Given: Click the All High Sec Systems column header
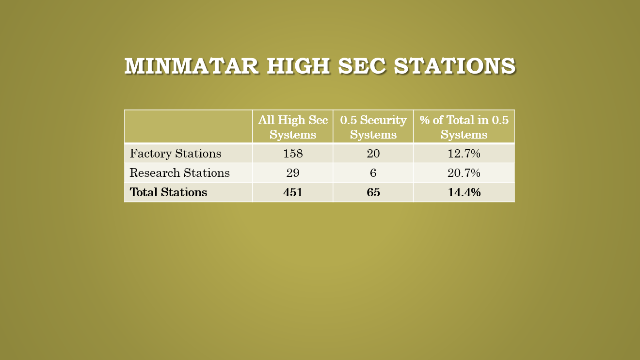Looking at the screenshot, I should click(293, 127).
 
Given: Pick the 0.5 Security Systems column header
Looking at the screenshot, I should click(373, 127).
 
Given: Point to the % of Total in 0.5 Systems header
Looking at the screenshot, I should click(464, 127).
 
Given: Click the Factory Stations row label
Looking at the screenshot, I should click(176, 154).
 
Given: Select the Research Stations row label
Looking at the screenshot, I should click(179, 173).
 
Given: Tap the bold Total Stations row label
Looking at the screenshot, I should click(168, 192).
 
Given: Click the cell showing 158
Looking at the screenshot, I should click(293, 154).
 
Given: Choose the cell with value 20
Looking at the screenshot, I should click(373, 154).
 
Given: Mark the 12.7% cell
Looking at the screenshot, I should click(464, 154).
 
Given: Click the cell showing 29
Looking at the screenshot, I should click(293, 173).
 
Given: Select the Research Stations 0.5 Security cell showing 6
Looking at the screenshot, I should click(373, 173).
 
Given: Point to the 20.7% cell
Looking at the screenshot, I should click(464, 173).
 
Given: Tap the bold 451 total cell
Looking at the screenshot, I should click(293, 192).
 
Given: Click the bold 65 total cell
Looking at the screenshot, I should click(373, 192).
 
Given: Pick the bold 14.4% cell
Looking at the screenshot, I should click(464, 192).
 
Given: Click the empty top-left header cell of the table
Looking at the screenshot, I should click(189, 127).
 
